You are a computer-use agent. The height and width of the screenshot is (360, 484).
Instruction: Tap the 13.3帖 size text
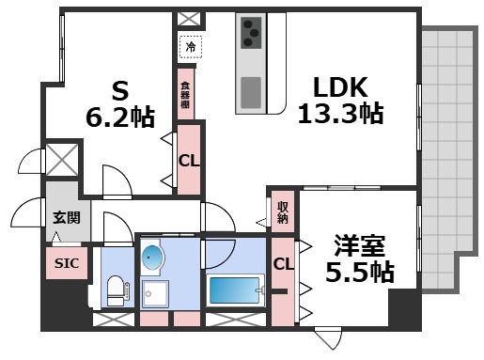point(340,115)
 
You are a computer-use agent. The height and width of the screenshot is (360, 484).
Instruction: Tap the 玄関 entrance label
point(65,217)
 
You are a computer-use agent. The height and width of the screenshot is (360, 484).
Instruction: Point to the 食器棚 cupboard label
point(186,92)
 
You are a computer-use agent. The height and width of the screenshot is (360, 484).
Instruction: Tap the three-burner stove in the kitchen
point(251,34)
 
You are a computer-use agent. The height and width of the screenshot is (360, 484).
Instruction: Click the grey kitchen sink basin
point(251,92)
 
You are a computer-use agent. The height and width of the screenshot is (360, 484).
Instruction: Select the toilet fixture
point(115,290)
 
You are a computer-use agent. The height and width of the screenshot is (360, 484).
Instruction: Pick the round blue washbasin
point(152,258)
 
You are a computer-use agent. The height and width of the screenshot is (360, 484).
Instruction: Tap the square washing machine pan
point(152,294)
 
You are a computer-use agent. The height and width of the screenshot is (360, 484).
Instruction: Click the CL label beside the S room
point(188,160)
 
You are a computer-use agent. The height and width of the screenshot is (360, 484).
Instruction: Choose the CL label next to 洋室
point(282,266)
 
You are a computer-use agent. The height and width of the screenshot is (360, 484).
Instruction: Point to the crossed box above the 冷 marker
point(188,18)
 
